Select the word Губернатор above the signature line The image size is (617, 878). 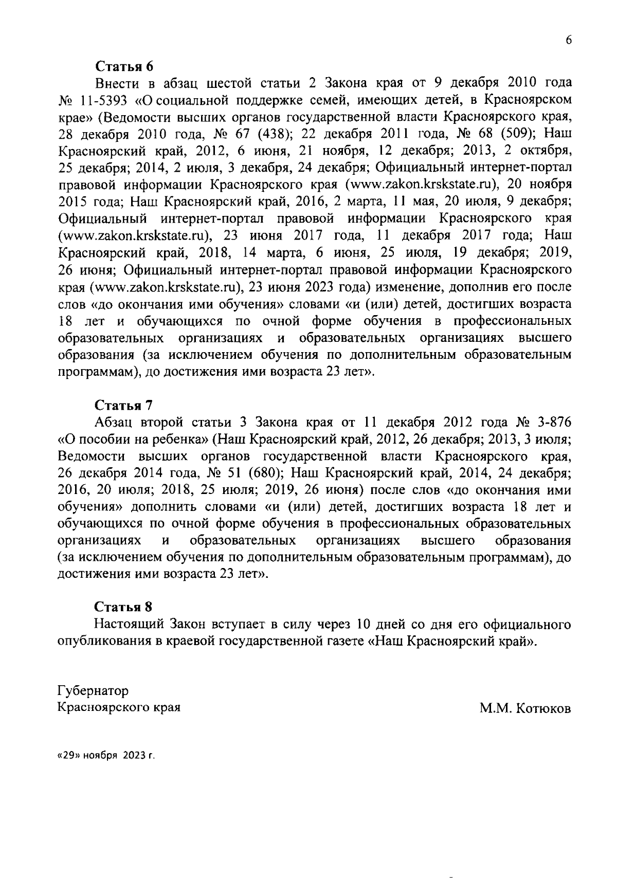[94, 690]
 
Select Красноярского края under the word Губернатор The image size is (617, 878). [119, 707]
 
